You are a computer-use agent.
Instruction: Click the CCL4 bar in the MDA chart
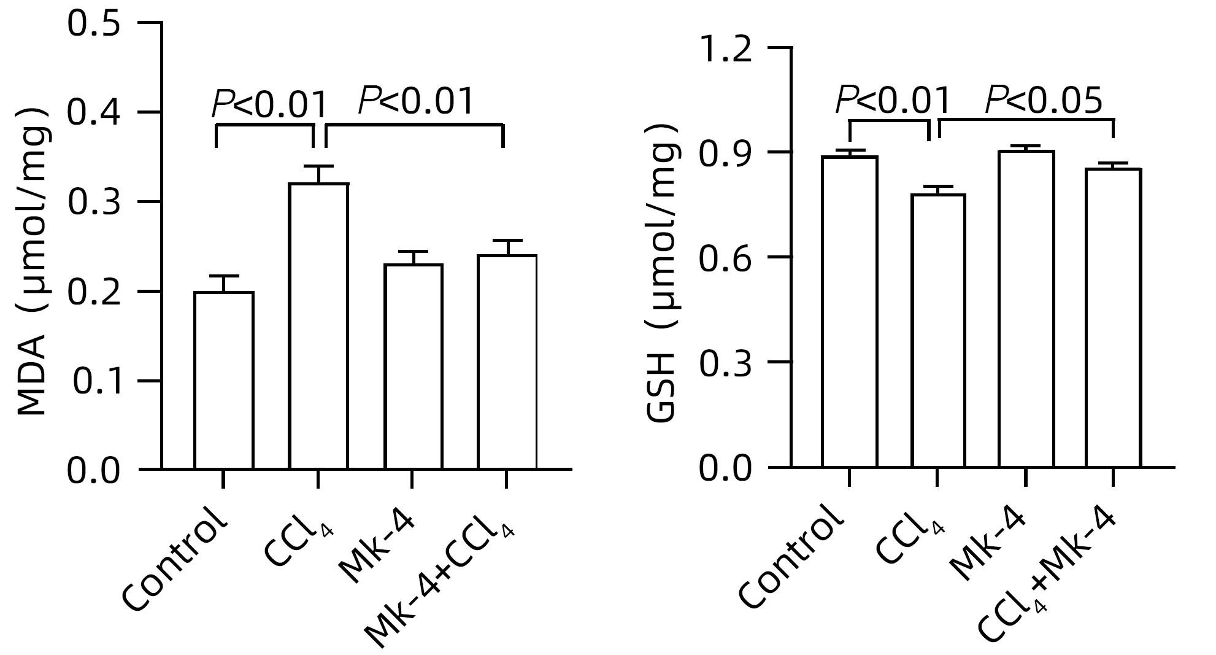318,325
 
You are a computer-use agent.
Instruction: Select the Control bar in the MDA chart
224,381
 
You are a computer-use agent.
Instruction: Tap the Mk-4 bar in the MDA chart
414,366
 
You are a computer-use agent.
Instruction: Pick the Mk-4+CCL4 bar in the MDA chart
507,362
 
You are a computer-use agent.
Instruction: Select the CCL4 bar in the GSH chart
938,331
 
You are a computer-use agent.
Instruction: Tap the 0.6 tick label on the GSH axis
726,258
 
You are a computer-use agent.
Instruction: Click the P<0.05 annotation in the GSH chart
1043,100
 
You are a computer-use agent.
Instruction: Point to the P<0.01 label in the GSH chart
893,100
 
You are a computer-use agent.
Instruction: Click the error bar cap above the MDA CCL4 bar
318,166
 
